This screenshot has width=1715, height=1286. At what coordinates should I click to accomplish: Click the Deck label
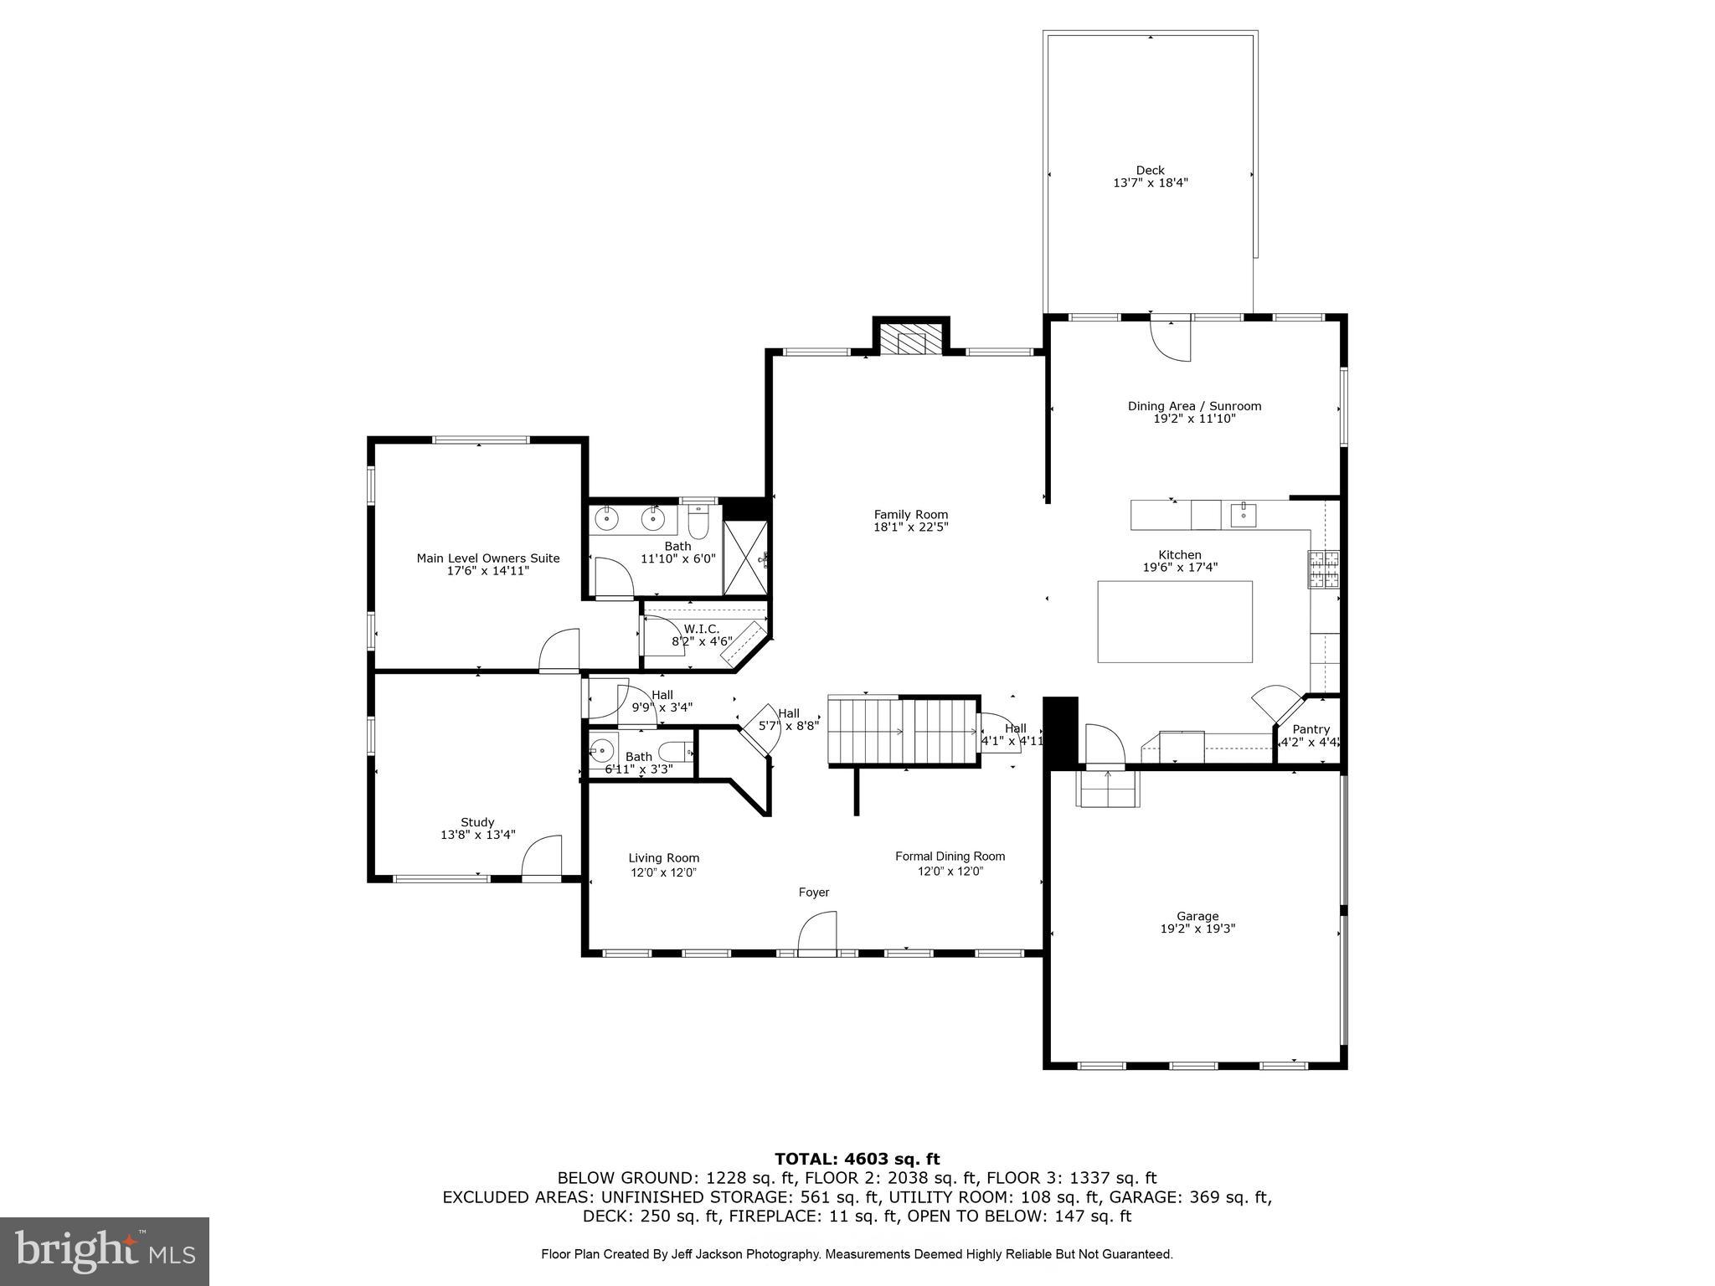tap(1150, 170)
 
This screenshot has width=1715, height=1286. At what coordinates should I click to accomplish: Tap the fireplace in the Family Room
tap(910, 342)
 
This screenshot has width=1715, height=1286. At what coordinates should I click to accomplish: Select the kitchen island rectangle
tap(1174, 621)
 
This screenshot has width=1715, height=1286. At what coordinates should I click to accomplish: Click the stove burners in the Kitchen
tap(1323, 569)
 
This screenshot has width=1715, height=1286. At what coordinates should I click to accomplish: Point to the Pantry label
tap(1311, 729)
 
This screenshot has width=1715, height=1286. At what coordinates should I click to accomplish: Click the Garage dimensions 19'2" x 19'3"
tap(1197, 928)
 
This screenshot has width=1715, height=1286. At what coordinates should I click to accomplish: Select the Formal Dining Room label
tap(950, 856)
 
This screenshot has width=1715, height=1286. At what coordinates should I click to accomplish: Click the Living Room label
tap(663, 857)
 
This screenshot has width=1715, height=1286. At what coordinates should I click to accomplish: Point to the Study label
tap(477, 822)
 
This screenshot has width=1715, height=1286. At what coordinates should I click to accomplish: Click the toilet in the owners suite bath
tap(698, 522)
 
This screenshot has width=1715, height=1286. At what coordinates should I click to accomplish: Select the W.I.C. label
tap(701, 629)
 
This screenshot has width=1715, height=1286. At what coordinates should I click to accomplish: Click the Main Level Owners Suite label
tap(488, 558)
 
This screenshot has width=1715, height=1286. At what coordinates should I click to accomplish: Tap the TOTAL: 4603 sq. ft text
tap(857, 1159)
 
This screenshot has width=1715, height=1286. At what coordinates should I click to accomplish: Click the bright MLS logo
tap(105, 1251)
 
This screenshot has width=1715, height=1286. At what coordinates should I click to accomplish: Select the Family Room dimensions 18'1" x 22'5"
tap(910, 527)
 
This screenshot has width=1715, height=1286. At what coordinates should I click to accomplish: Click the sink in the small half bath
tap(601, 750)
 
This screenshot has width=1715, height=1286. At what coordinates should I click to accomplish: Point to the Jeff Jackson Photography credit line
tap(857, 1253)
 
